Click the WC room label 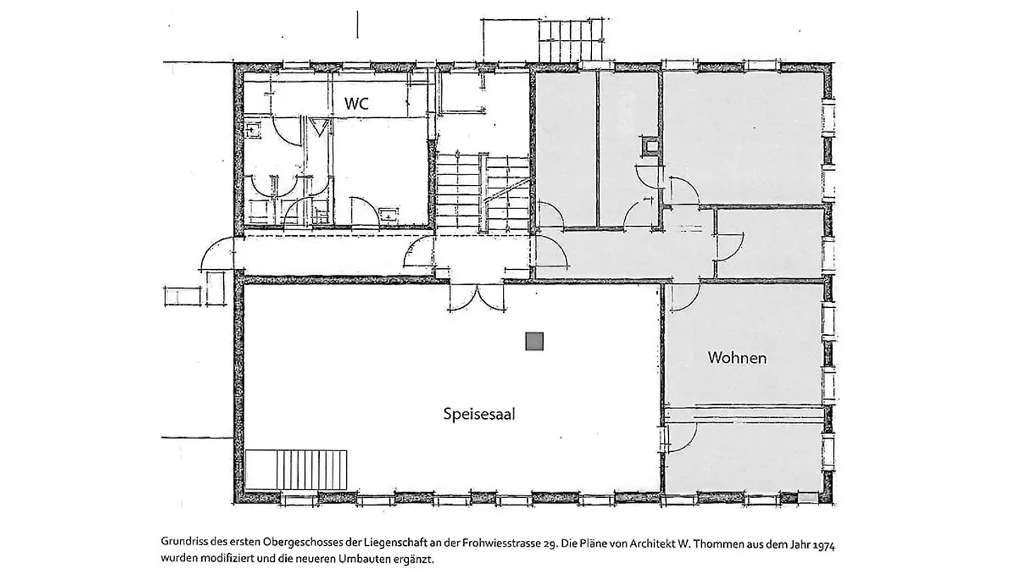point(357,104)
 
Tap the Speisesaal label point(479,414)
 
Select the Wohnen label point(737,358)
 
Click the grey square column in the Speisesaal point(535,341)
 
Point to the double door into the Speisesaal point(477,297)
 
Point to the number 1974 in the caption point(823,544)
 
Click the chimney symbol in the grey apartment point(650,146)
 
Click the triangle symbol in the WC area point(319,126)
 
